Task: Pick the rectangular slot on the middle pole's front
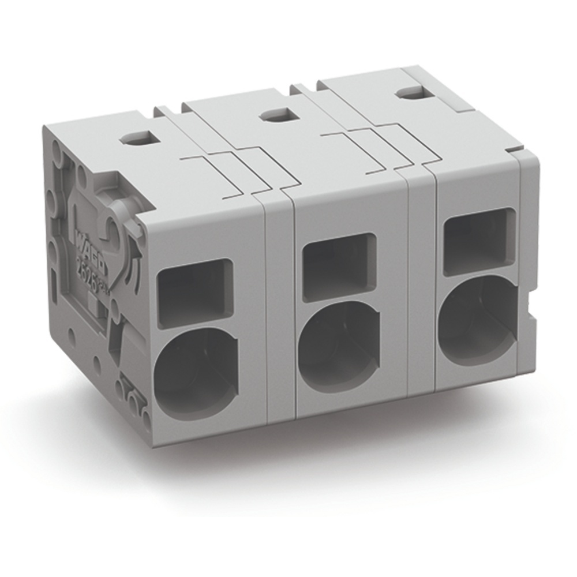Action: pos(339,267)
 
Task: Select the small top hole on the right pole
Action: pos(410,92)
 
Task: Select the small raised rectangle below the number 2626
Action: pos(92,300)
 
